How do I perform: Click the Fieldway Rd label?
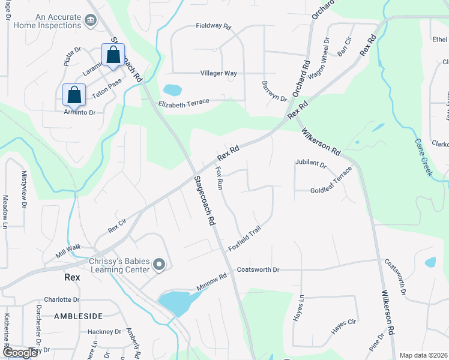pyautogui.click(x=213, y=26)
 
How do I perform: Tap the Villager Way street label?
pyautogui.click(x=218, y=73)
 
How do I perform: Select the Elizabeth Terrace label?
pyautogui.click(x=183, y=103)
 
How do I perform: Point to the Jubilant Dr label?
pyautogui.click(x=310, y=163)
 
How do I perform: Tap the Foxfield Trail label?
pyautogui.click(x=245, y=239)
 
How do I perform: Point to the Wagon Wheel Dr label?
pyautogui.click(x=319, y=59)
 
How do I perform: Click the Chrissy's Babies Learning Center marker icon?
pyautogui.click(x=159, y=264)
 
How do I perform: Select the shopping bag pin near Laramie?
pyautogui.click(x=113, y=55)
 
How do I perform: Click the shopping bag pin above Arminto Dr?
pyautogui.click(x=74, y=94)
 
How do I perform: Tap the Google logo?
pyautogui.click(x=20, y=353)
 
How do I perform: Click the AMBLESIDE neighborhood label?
pyautogui.click(x=78, y=316)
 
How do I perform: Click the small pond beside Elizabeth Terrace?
pyautogui.click(x=172, y=91)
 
